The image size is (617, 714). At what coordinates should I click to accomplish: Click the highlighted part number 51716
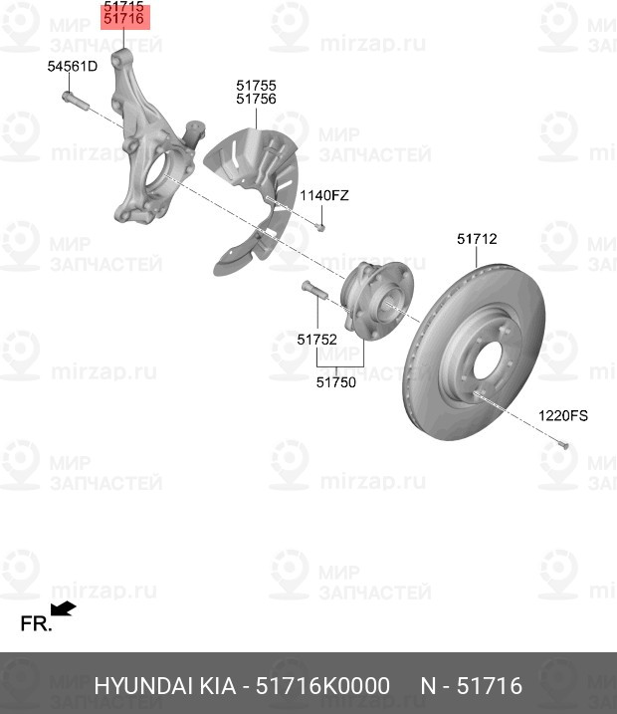pyautogui.click(x=123, y=19)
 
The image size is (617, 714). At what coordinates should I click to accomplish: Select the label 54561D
pyautogui.click(x=73, y=67)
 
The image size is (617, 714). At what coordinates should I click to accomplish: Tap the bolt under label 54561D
pyautogui.click(x=75, y=102)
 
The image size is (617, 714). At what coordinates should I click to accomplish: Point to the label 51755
pyautogui.click(x=256, y=86)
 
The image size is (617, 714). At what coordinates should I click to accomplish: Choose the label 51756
pyautogui.click(x=256, y=99)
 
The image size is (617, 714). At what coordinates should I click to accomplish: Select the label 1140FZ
pyautogui.click(x=324, y=196)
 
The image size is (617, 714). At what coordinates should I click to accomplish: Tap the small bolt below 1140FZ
pyautogui.click(x=320, y=226)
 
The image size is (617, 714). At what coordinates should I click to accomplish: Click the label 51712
pyautogui.click(x=477, y=239)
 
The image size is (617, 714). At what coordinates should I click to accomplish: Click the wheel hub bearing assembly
pyautogui.click(x=377, y=301)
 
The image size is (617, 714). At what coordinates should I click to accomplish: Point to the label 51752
pyautogui.click(x=317, y=340)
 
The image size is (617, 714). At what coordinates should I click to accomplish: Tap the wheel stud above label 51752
pyautogui.click(x=314, y=290)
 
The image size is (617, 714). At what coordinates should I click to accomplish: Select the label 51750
pyautogui.click(x=336, y=382)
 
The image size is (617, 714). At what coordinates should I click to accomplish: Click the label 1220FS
pyautogui.click(x=563, y=415)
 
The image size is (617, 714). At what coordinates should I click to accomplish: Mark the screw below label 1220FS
pyautogui.click(x=563, y=443)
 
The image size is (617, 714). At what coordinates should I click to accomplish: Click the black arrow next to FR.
pyautogui.click(x=64, y=608)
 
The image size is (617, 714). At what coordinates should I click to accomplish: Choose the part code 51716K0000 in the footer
pyautogui.click(x=322, y=686)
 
